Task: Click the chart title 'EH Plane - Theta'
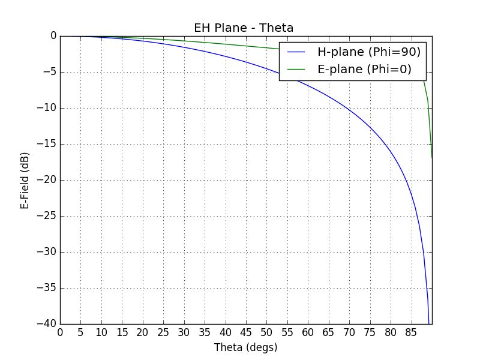tap(243, 28)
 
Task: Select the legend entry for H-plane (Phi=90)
tap(368, 52)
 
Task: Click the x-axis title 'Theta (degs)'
tap(245, 347)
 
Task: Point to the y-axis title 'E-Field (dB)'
tap(25, 180)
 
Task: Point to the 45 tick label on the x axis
tap(246, 332)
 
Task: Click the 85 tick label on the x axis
tap(411, 332)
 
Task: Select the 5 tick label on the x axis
tap(80, 332)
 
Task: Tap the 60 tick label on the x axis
tap(308, 332)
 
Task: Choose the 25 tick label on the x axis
tap(163, 332)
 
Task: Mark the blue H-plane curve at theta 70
tap(349, 109)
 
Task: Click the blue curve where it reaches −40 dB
tap(429, 323)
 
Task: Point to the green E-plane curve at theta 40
tap(226, 43)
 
